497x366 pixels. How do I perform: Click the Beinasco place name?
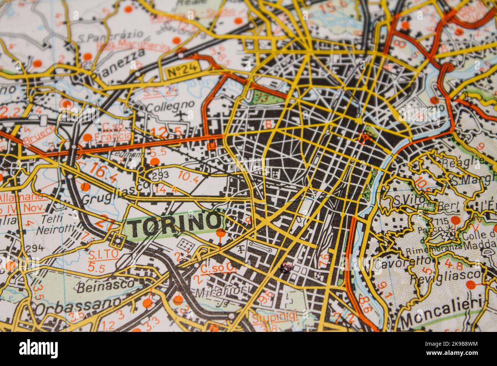coord(105,285)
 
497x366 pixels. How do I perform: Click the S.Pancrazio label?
coord(110,37)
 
